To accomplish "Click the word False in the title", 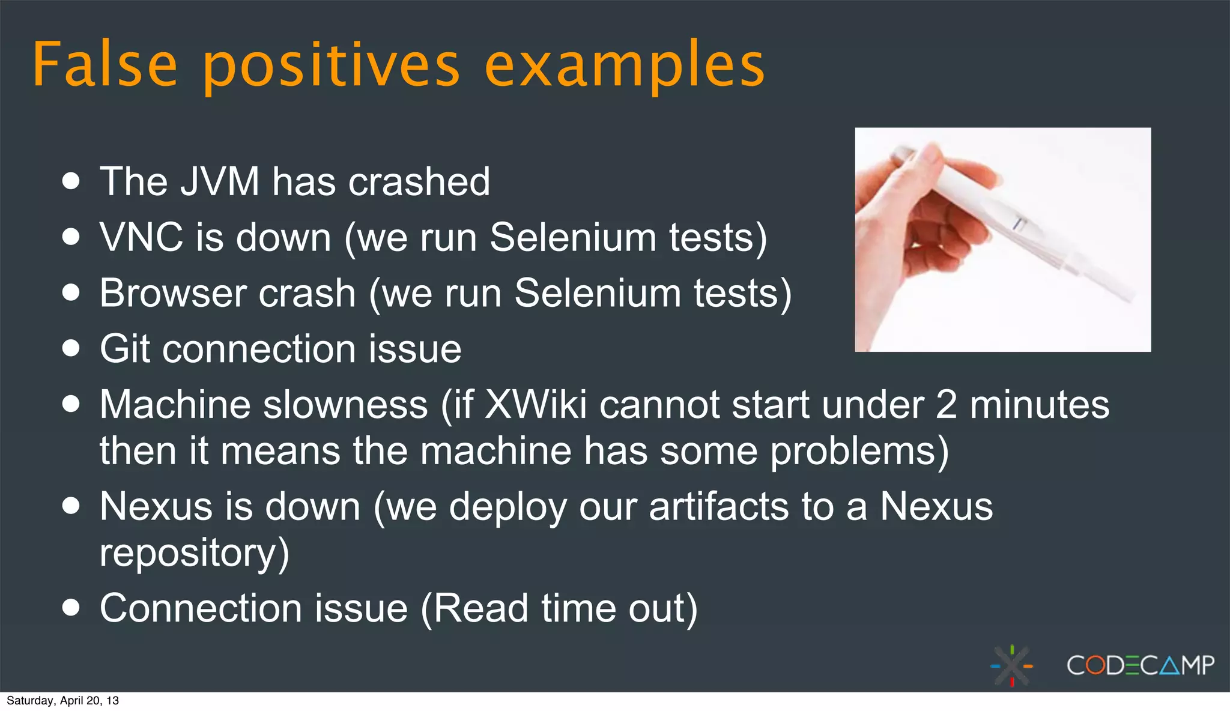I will pyautogui.click(x=105, y=65).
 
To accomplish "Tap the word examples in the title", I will pyautogui.click(x=625, y=66).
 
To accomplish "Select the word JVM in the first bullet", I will pyautogui.click(x=219, y=181).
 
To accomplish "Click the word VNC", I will pyautogui.click(x=141, y=237).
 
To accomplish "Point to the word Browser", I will pyautogui.click(x=172, y=293).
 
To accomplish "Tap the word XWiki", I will pyautogui.click(x=535, y=405).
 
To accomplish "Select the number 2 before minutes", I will pyautogui.click(x=947, y=405).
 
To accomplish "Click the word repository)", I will pyautogui.click(x=194, y=554).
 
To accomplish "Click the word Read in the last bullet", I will pyautogui.click(x=480, y=609).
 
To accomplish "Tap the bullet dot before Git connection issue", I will pyautogui.click(x=71, y=348).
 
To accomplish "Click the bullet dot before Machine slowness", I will pyautogui.click(x=71, y=404).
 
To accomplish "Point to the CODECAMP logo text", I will pyautogui.click(x=1140, y=665).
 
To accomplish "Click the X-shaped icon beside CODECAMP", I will pyautogui.click(x=1012, y=666).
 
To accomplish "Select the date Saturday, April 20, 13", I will pyautogui.click(x=62, y=701).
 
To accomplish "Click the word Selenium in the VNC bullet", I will pyautogui.click(x=573, y=237).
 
